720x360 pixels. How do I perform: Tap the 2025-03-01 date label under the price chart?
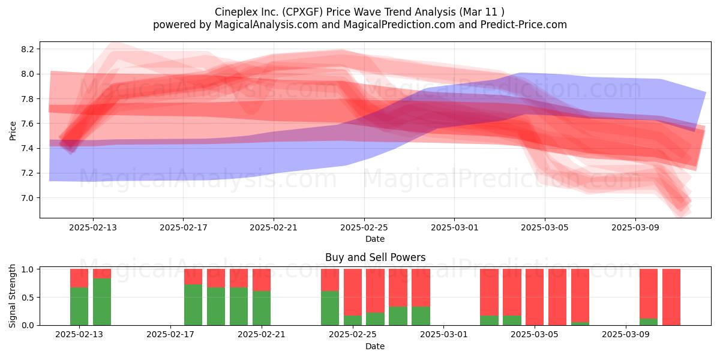(x=455, y=227)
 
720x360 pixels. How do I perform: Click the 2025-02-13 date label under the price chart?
(x=93, y=227)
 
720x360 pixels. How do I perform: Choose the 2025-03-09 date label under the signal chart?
(x=626, y=335)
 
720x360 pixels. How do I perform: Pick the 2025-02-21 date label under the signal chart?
(x=262, y=335)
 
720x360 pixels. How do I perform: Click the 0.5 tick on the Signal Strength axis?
(x=28, y=298)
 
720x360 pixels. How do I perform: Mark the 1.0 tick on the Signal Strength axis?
(x=28, y=269)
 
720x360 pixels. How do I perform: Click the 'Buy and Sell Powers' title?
(x=375, y=257)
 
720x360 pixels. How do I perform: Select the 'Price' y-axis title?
(x=13, y=131)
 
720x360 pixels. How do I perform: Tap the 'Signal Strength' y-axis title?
(x=12, y=296)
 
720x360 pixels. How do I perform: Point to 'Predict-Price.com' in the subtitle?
(x=524, y=25)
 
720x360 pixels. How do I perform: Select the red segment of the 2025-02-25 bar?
(x=353, y=292)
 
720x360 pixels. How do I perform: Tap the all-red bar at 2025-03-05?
(x=535, y=297)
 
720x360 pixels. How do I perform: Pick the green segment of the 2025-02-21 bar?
(x=262, y=308)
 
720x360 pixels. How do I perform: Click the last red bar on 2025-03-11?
(x=671, y=297)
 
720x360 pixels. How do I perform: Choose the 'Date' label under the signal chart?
(x=375, y=346)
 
